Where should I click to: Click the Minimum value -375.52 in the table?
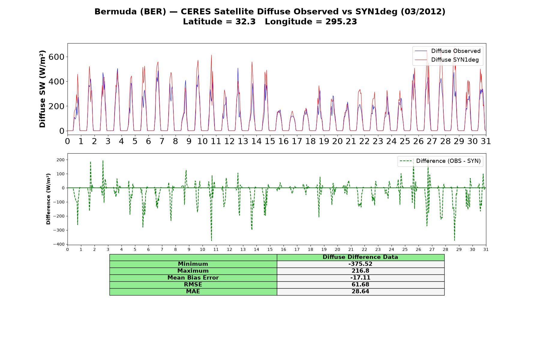tap(360, 264)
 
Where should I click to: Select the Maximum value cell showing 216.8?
tap(360, 271)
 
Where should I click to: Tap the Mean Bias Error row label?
tap(193, 278)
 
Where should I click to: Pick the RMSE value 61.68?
tap(360, 285)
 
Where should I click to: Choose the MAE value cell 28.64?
tap(360, 292)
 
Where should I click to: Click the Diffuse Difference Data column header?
tap(360, 257)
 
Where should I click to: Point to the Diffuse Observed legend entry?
tap(448, 51)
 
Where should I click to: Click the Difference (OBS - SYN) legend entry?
tap(440, 161)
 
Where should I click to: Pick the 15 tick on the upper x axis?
tap(270, 141)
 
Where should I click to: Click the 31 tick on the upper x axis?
tap(486, 141)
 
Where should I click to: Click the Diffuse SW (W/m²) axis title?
tap(42, 89)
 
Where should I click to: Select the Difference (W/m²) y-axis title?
tap(48, 199)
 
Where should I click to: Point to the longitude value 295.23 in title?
tap(341, 22)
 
